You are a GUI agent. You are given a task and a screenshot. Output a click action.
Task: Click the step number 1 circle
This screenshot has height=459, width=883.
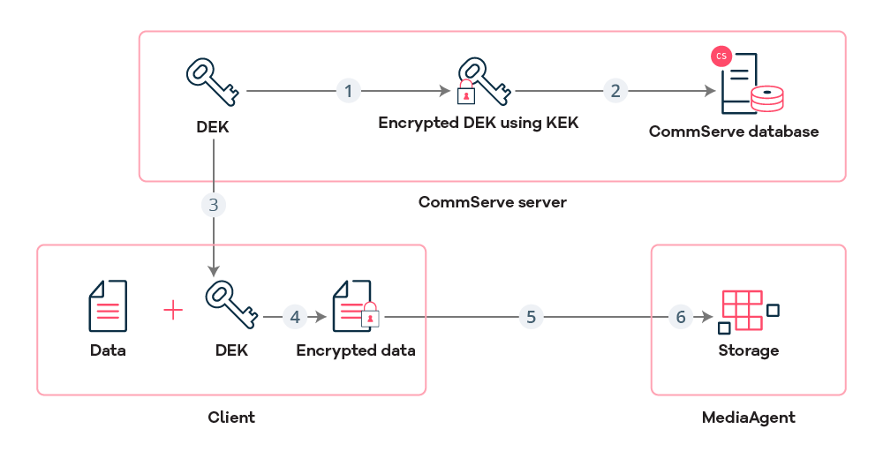pos(349,90)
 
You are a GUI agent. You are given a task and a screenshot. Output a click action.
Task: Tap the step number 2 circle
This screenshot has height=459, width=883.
pos(615,90)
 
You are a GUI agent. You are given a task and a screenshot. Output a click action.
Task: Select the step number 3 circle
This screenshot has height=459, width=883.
pos(213,205)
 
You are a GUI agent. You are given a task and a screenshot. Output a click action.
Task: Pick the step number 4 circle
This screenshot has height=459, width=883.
pos(295,317)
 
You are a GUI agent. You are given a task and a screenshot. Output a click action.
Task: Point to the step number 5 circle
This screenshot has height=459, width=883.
pos(530,317)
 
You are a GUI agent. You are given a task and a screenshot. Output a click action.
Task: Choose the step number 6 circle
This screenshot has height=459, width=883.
pos(680,317)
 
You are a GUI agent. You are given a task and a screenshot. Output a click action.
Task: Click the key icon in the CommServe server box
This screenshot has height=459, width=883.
pos(212,82)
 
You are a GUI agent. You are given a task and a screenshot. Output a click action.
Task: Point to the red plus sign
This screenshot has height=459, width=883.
pos(174,310)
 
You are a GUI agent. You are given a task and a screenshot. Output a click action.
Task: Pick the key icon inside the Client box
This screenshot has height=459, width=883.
pos(231,305)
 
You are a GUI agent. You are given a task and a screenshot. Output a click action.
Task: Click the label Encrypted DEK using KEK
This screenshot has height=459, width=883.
pos(479,123)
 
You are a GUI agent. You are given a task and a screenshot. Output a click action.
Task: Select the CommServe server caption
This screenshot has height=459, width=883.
pos(492,202)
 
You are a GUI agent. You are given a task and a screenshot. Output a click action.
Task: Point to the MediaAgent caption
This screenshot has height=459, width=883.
pos(748,417)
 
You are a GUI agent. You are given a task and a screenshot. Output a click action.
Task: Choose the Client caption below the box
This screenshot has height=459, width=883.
pos(231,417)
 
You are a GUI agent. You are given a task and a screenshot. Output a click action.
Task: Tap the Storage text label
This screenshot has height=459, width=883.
pos(748,350)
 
